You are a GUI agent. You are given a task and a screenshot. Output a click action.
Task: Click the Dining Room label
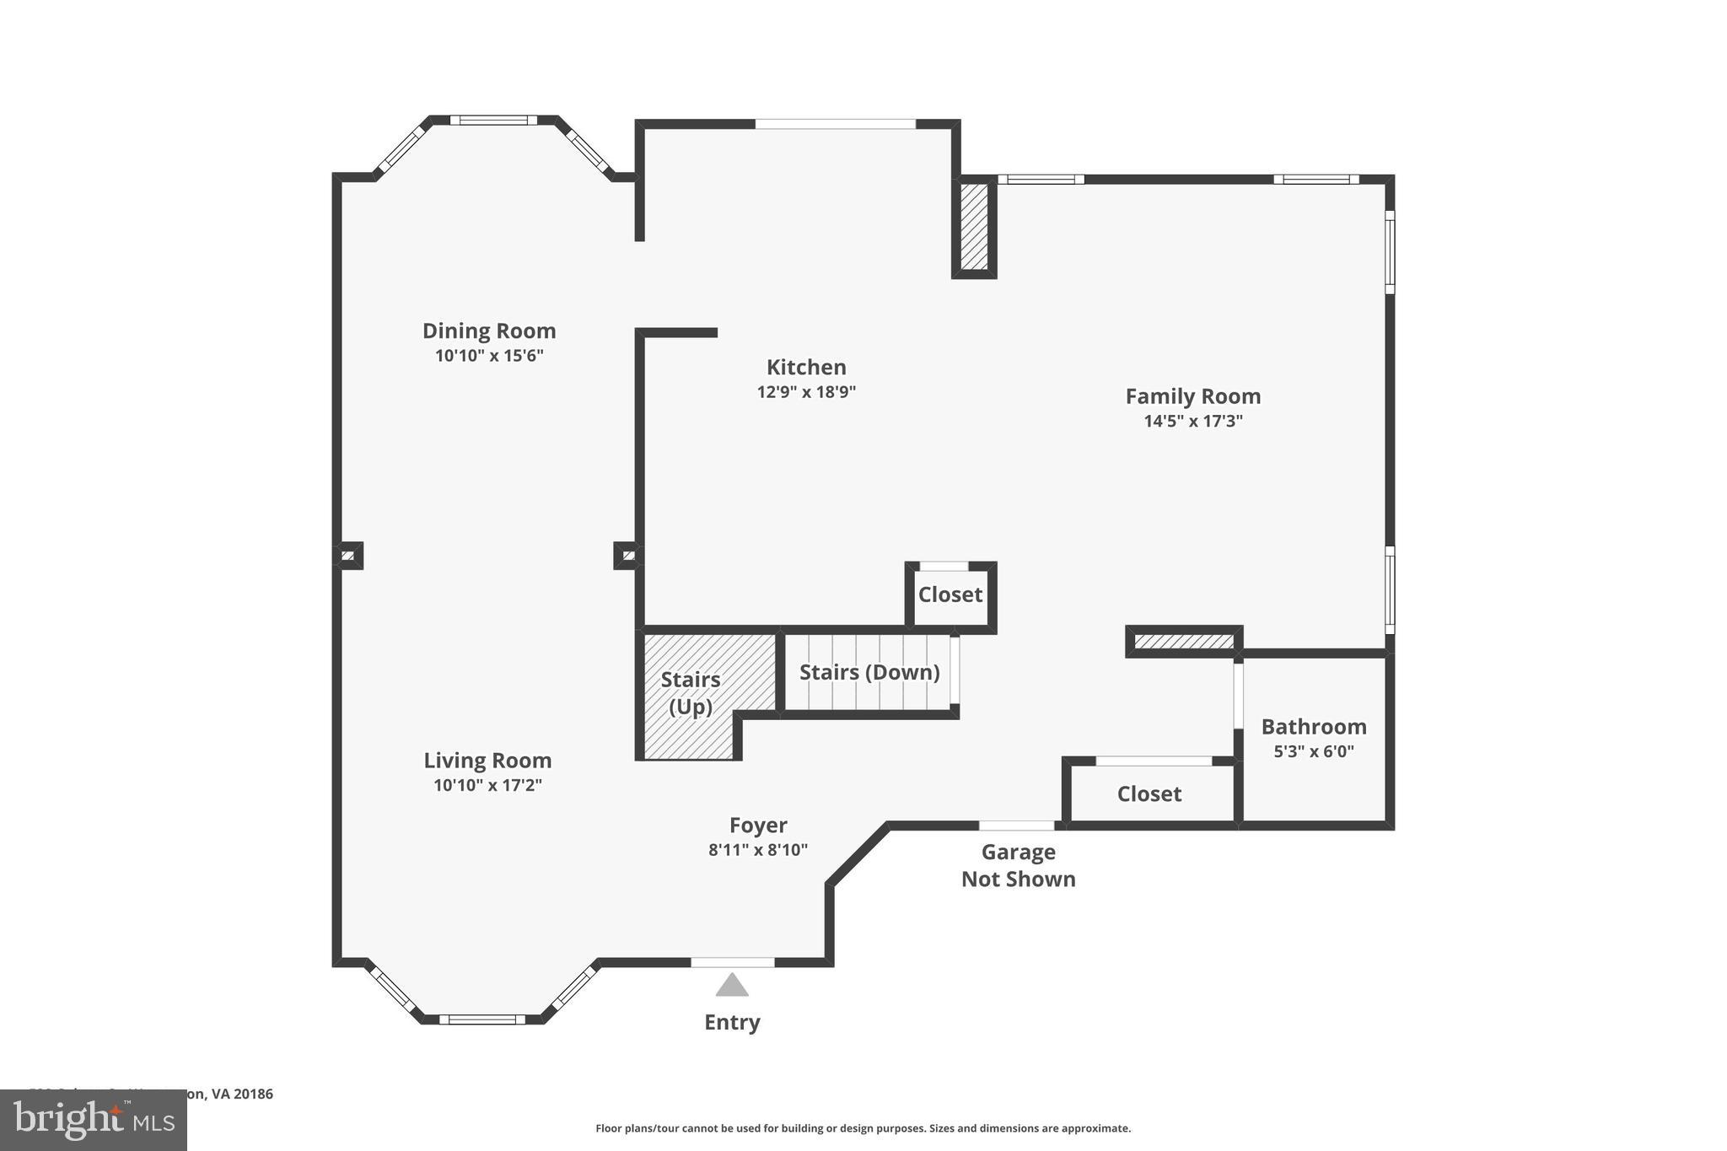[x=489, y=331]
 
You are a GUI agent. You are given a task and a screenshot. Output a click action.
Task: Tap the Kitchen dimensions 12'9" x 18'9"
[x=806, y=392]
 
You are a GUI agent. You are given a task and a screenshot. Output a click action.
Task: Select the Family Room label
[x=1192, y=396]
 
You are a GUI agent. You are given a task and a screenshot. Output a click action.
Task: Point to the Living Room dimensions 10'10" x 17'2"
[x=487, y=786]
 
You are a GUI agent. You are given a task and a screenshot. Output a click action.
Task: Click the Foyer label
[x=758, y=826]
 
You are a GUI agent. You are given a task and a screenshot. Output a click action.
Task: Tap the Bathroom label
[x=1313, y=727]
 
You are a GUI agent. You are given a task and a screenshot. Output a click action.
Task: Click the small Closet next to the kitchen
[x=950, y=595]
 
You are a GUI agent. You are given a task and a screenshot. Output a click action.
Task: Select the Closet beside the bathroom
[x=1149, y=794]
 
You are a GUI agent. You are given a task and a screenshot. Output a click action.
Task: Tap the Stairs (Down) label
[x=869, y=673]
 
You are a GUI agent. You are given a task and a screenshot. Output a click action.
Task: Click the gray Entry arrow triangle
[x=732, y=986]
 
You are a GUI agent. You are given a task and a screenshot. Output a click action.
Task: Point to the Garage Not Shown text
[x=1018, y=865]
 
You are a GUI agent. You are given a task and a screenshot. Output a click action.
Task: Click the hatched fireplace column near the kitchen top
[x=974, y=227]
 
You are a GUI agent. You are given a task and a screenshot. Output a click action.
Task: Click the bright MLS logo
[x=94, y=1120]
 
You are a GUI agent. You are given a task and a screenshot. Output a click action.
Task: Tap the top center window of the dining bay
[x=493, y=120]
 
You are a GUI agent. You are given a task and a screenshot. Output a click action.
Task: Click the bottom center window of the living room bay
[x=482, y=1019]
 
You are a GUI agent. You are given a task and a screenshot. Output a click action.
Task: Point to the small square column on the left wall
[x=348, y=556]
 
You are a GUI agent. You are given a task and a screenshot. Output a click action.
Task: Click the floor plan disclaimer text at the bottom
[x=863, y=1128]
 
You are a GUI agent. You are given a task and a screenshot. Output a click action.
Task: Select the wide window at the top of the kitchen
[x=835, y=124]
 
